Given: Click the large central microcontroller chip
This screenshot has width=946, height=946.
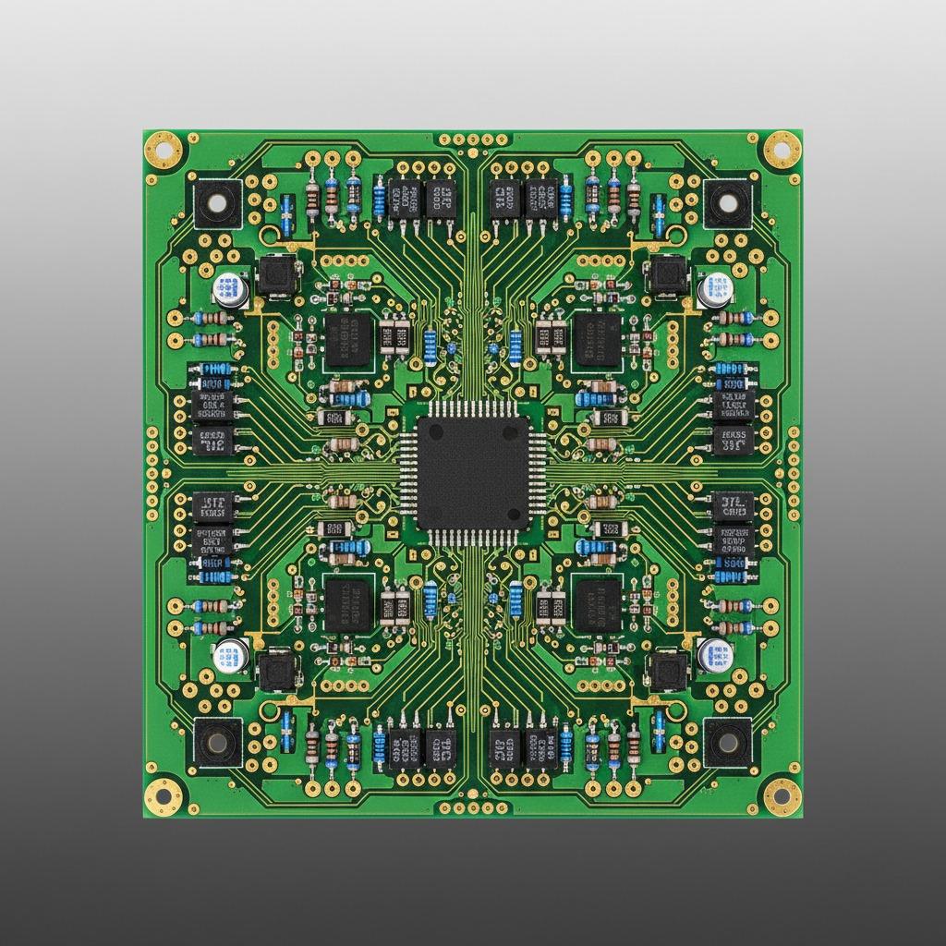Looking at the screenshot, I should [473, 473].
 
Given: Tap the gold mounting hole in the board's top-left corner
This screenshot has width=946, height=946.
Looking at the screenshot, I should [164, 147].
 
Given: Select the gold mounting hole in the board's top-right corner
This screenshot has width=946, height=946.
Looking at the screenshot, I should [781, 147].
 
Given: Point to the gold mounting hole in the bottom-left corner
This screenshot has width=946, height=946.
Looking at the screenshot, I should [164, 793].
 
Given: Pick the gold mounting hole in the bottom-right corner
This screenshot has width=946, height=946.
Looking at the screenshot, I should [781, 793].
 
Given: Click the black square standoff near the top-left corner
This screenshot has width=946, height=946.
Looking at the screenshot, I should [218, 202].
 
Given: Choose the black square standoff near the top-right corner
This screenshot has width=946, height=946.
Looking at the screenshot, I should [727, 202].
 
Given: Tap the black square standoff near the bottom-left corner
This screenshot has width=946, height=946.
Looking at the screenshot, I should [218, 741].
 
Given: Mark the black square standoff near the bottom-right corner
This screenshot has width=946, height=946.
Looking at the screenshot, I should [727, 741].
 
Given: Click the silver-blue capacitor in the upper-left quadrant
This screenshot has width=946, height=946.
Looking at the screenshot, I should [230, 290].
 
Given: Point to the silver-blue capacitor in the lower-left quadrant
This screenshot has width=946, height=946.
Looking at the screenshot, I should [230, 656].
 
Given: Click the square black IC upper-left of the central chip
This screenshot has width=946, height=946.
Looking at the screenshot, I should [348, 340].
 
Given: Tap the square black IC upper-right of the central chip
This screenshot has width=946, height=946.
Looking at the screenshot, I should [597, 340].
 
